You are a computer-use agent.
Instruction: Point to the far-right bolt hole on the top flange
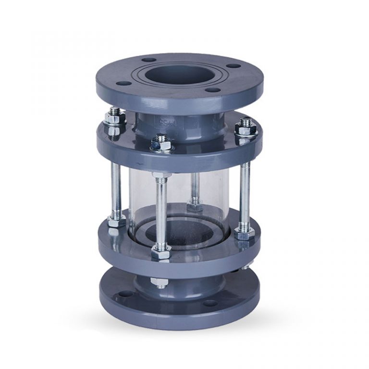pyautogui.click(x=234, y=66)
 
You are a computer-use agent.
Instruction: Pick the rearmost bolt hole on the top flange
pyautogui.click(x=149, y=60)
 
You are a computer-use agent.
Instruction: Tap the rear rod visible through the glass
pyautogui.click(x=194, y=187)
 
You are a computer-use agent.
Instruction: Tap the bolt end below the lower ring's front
pyautogui.click(x=160, y=283)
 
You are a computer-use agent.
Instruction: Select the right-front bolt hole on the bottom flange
pyautogui.click(x=210, y=303)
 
